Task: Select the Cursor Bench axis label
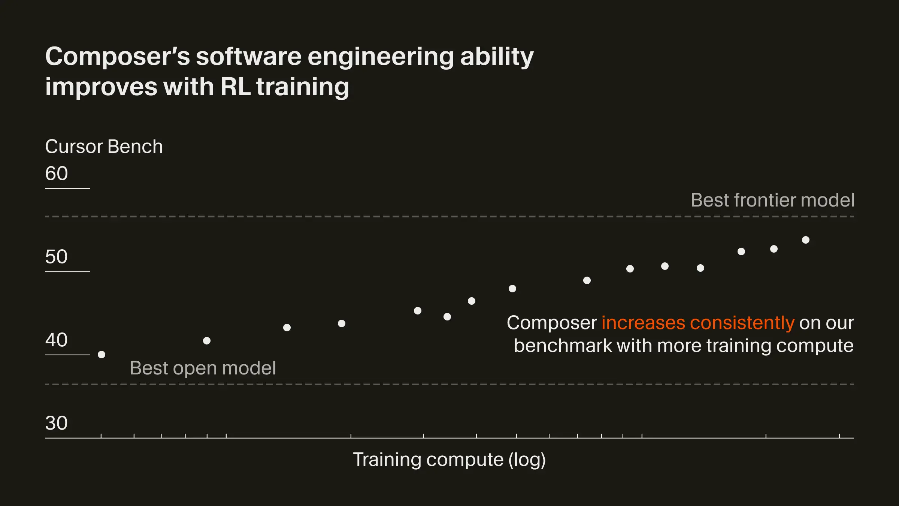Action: click(104, 147)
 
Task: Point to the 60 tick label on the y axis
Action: click(56, 174)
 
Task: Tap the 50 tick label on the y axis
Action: click(56, 257)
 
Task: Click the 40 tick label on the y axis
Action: click(56, 340)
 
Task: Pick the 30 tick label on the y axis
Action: click(56, 423)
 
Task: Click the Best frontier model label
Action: click(772, 200)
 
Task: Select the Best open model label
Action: click(203, 368)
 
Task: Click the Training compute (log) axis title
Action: click(449, 460)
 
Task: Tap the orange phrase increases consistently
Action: click(697, 323)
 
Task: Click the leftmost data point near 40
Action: click(102, 355)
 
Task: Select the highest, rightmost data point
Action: click(806, 240)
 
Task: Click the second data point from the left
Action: click(207, 341)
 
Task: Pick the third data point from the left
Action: click(287, 328)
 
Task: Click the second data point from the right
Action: click(774, 249)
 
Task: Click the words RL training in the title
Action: click(285, 87)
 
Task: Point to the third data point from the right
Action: click(741, 252)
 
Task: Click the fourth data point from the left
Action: click(342, 323)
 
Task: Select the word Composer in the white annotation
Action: click(551, 323)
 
